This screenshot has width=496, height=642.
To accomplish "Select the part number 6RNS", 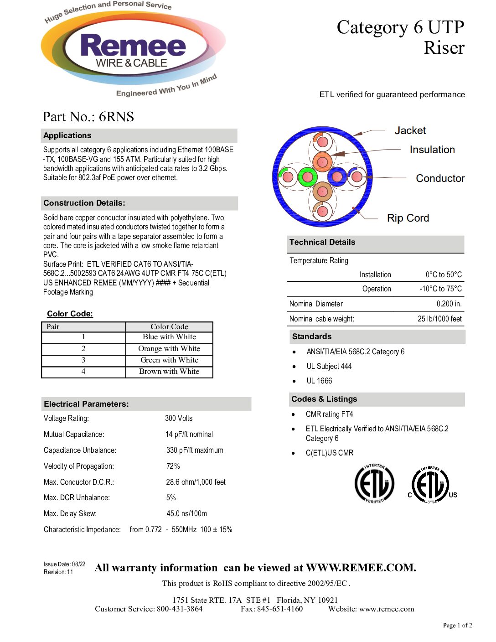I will pos(116,117).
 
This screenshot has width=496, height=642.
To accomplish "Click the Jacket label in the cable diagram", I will pos(410,130).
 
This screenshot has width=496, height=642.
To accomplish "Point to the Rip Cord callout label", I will pos(408,218).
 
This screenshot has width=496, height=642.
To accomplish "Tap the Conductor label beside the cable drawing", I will pos(440,178).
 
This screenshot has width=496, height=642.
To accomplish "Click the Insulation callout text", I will pos(432,150).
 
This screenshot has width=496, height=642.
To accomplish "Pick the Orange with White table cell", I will pos(169,349).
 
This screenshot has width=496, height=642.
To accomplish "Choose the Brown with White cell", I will pos(169,372).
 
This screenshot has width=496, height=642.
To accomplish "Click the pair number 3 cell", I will pos(83,360).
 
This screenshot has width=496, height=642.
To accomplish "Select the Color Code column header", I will pos(169,326).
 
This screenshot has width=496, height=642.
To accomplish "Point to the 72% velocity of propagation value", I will pos(173,466).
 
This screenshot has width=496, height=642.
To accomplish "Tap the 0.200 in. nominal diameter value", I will pos(449,304).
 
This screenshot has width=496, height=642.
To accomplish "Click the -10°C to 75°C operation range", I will pos(440,289).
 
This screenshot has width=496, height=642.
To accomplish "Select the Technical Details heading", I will pos(322,242).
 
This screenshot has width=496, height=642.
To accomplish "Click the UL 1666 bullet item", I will pos(319,381).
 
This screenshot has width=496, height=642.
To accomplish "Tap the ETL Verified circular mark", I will pos(374,483).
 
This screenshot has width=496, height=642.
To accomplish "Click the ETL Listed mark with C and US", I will pos(431,485).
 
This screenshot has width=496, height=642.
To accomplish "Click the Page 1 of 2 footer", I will pos(457,625).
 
